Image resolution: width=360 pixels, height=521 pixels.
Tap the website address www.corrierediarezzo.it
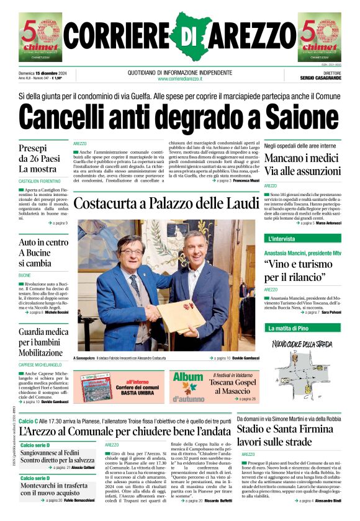click(x=179, y=79)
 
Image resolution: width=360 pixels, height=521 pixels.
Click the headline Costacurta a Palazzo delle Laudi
click(x=166, y=203)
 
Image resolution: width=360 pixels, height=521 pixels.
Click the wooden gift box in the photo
click(x=179, y=316)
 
